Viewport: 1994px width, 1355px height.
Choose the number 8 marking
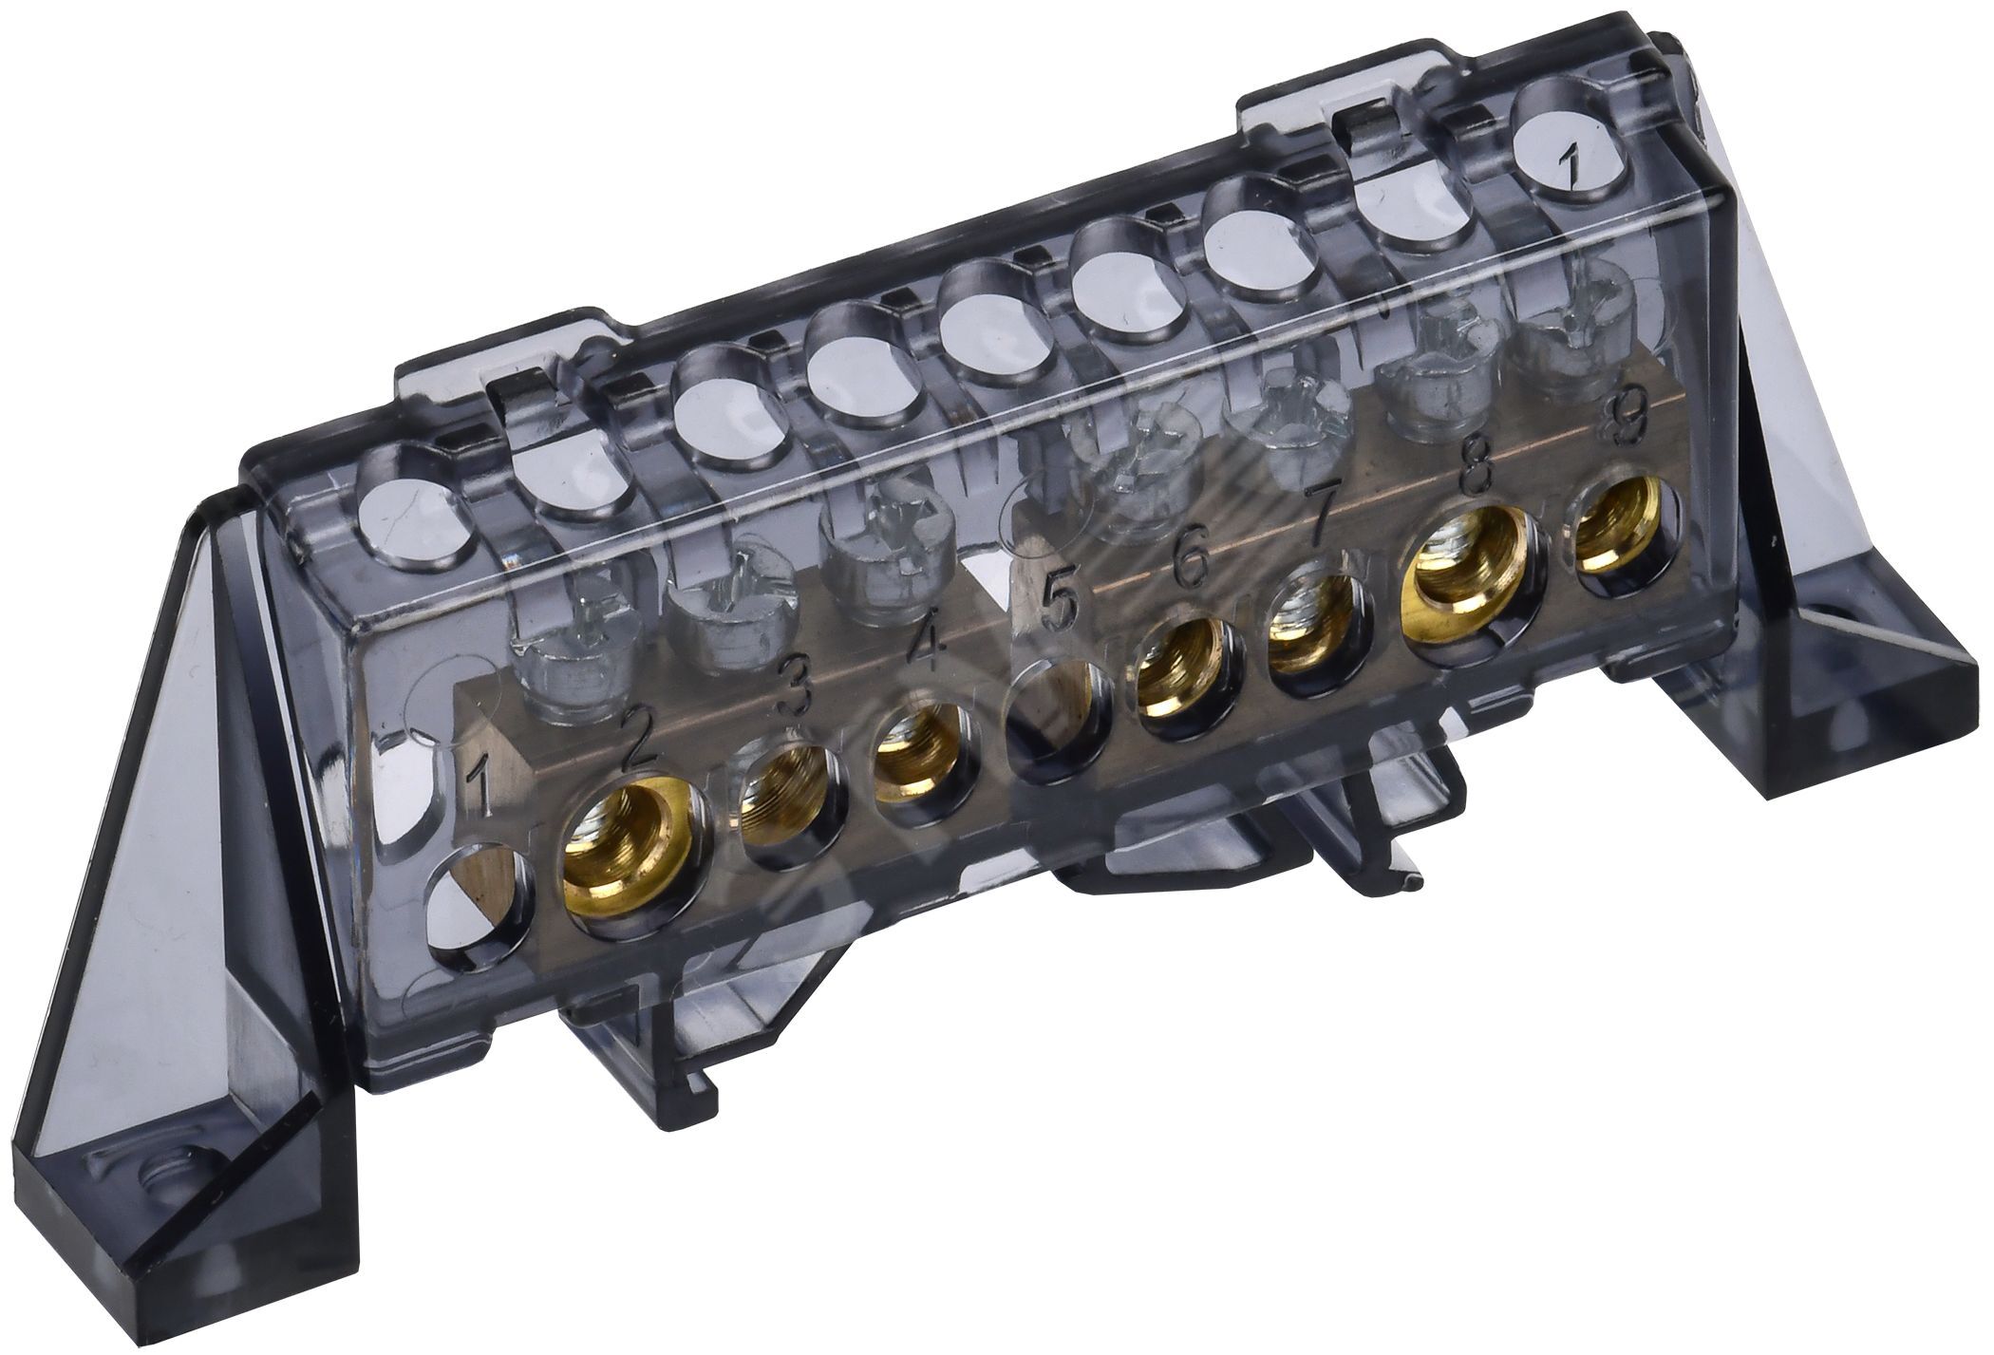pos(1478,467)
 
